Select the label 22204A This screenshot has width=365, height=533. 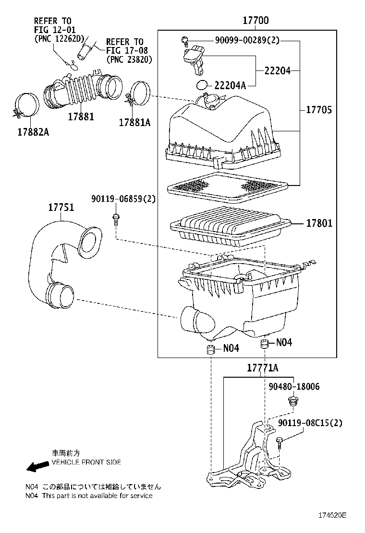230,85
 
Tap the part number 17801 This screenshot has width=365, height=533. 320,223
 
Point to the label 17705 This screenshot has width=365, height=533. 319,110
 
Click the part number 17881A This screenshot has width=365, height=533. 134,122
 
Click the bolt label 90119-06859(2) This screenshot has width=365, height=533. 123,199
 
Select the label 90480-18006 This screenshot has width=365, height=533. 294,386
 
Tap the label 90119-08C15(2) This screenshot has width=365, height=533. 310,423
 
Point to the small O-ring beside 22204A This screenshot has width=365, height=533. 203,85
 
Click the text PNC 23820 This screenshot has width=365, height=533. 129,60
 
